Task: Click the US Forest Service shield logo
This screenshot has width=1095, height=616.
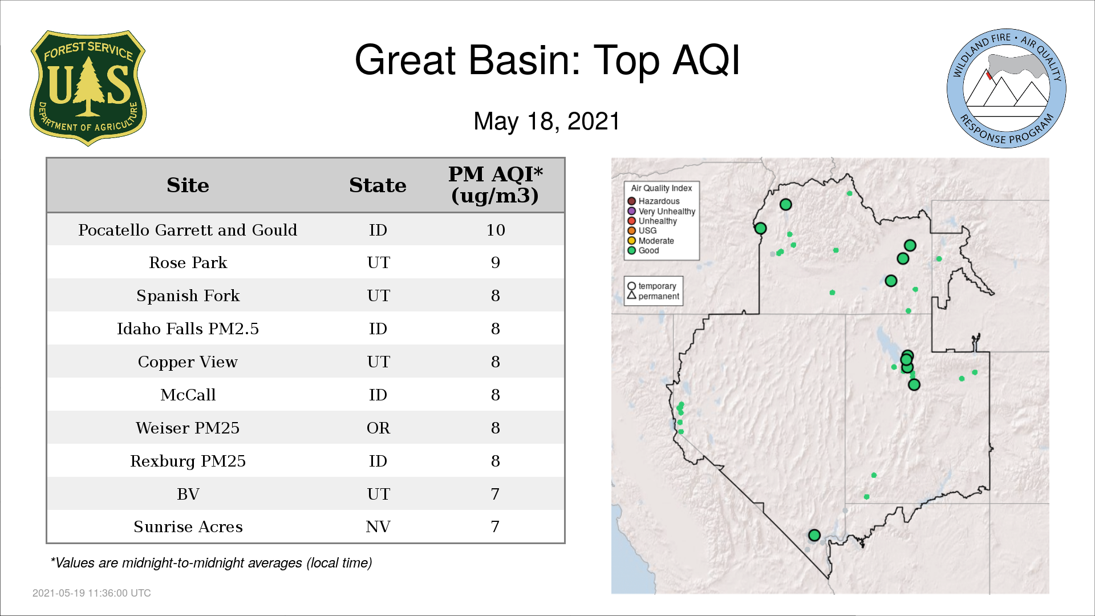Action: point(88,88)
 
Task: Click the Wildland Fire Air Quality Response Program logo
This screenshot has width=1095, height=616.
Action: point(1007,88)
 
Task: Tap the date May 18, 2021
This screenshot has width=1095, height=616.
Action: point(546,121)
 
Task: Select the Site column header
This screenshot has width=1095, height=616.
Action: point(188,185)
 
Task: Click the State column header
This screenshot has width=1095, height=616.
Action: point(378,185)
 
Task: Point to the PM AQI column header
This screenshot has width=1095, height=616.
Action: point(495,185)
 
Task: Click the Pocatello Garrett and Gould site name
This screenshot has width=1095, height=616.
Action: point(188,230)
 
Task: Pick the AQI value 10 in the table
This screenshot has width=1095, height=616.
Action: point(496,230)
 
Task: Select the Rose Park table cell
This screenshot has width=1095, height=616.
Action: point(188,263)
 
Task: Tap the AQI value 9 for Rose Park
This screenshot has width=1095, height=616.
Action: point(496,263)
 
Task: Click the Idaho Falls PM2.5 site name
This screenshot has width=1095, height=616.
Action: point(188,329)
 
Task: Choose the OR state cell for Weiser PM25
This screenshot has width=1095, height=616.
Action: point(378,428)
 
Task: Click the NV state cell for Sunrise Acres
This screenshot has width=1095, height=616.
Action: point(378,527)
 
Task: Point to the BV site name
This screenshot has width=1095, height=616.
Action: point(188,494)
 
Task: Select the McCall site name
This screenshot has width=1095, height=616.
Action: point(188,395)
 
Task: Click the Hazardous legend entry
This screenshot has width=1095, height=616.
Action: point(654,201)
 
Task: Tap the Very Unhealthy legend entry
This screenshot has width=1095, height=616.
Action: point(662,212)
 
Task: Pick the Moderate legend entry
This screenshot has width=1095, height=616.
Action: point(651,241)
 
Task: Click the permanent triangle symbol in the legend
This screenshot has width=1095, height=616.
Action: point(631,295)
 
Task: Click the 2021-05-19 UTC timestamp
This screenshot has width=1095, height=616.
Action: point(92,593)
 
